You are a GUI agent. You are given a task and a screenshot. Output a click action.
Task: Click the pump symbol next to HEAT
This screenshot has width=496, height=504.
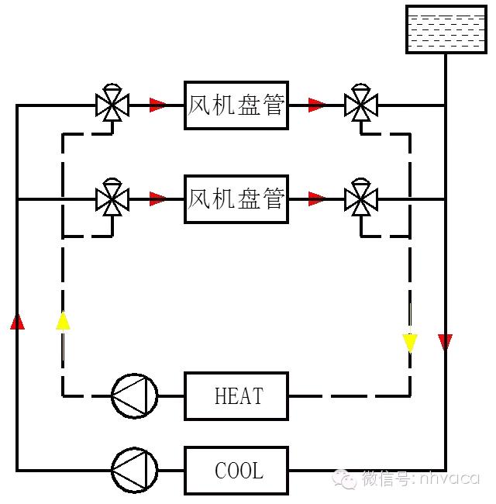click(x=133, y=396)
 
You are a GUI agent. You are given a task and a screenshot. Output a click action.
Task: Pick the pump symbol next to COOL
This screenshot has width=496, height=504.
click(x=133, y=470)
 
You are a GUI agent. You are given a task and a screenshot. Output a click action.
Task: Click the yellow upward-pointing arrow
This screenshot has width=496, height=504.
click(x=63, y=321)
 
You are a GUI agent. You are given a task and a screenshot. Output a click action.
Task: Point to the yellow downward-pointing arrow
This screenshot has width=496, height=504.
click(x=410, y=343)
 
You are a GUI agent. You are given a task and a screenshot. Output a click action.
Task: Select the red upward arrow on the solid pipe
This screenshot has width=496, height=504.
click(x=17, y=321)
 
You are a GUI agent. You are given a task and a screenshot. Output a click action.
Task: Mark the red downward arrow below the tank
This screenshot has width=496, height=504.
click(x=445, y=342)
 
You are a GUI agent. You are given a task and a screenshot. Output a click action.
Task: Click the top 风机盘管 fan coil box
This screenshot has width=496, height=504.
click(x=236, y=105)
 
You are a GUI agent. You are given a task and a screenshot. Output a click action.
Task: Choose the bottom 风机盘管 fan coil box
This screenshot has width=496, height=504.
click(x=236, y=199)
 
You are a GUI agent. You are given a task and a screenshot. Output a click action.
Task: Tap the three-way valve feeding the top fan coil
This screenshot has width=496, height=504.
click(x=112, y=104)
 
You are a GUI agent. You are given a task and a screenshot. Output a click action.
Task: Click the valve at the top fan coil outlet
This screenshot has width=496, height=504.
click(x=360, y=104)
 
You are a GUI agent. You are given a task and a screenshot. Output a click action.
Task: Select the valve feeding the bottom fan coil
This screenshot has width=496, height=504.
click(x=112, y=199)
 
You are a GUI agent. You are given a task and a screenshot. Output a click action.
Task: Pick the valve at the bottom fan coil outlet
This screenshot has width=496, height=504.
click(x=360, y=199)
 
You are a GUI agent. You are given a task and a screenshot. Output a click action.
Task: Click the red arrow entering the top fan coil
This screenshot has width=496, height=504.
click(x=158, y=105)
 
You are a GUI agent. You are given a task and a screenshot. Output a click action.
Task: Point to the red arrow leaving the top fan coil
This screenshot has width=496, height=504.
click(x=316, y=105)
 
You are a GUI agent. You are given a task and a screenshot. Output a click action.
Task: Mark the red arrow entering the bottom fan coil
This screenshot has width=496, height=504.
click(x=158, y=199)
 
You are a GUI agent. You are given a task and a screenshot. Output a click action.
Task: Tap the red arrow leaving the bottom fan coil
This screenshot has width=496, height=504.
click(x=316, y=199)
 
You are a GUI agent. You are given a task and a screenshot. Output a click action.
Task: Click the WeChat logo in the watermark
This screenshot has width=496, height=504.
click(x=345, y=480)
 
